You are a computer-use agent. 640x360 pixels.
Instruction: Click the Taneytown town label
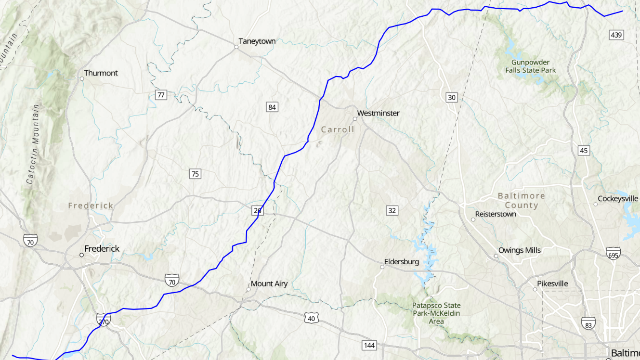click(257, 41)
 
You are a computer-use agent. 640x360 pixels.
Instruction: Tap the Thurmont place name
click(101, 73)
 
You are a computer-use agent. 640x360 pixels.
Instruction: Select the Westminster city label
click(378, 113)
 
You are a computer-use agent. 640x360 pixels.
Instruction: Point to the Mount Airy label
click(269, 284)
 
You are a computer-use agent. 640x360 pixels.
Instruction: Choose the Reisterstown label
click(496, 214)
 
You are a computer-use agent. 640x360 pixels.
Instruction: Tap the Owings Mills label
click(519, 250)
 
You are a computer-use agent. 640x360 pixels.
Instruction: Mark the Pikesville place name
click(553, 284)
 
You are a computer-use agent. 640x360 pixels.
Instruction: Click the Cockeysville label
click(617, 199)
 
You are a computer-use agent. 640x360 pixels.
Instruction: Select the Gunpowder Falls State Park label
click(530, 66)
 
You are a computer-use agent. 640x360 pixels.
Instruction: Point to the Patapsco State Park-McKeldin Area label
click(436, 313)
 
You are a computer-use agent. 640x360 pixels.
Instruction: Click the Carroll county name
click(338, 129)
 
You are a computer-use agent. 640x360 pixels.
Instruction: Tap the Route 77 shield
click(161, 95)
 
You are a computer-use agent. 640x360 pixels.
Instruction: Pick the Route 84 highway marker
click(272, 107)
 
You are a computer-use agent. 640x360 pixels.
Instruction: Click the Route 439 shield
click(616, 35)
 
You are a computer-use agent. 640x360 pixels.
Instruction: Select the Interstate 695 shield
click(613, 253)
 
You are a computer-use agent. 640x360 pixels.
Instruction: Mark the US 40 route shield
click(311, 317)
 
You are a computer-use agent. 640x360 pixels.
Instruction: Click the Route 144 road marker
click(369, 345)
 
